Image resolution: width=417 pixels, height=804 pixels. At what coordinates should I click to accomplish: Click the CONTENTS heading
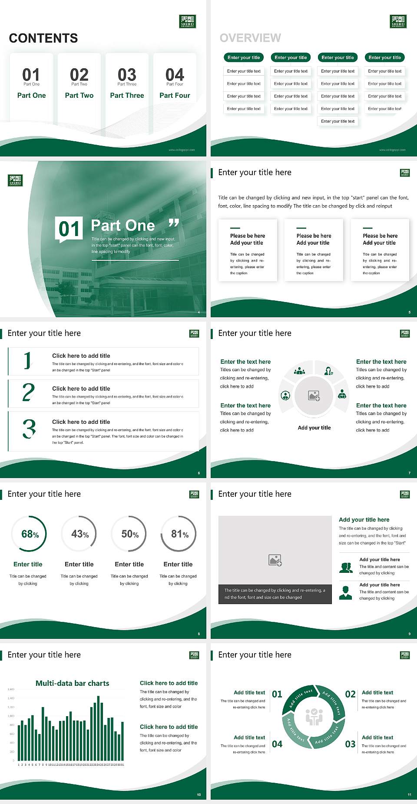pyautogui.click(x=43, y=38)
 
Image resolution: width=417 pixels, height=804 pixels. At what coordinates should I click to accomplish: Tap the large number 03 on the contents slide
pyautogui.click(x=127, y=74)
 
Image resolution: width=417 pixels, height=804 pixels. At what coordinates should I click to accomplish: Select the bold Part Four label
pyautogui.click(x=175, y=95)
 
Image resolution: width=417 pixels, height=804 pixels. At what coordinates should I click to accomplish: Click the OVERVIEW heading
pyautogui.click(x=250, y=38)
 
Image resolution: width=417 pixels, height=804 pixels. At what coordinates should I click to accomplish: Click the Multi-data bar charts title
pyautogui.click(x=73, y=683)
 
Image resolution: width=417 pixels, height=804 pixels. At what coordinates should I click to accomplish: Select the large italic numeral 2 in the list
pyautogui.click(x=29, y=392)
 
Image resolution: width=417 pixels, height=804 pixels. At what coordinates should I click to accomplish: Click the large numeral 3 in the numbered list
pyautogui.click(x=29, y=429)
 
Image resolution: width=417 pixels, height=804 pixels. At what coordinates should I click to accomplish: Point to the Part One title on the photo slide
pyautogui.click(x=123, y=226)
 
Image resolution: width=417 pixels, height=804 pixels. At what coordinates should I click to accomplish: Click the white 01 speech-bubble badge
pyautogui.click(x=69, y=229)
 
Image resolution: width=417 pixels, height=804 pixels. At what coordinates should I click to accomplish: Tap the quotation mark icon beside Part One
pyautogui.click(x=173, y=223)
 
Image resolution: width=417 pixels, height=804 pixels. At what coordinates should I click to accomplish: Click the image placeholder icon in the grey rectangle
pyautogui.click(x=275, y=560)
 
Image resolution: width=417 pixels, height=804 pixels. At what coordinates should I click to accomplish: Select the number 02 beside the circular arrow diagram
pyautogui.click(x=350, y=694)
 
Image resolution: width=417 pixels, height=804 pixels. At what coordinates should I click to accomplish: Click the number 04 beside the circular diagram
pyautogui.click(x=277, y=744)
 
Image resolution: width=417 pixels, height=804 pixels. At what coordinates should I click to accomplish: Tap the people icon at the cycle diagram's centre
pyautogui.click(x=314, y=717)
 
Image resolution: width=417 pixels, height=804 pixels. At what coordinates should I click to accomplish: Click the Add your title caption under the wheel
pyautogui.click(x=314, y=428)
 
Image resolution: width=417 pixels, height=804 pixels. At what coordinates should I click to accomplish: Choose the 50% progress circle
pyautogui.click(x=129, y=534)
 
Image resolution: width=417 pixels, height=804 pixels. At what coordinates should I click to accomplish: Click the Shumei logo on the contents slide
pyautogui.click(x=188, y=21)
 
